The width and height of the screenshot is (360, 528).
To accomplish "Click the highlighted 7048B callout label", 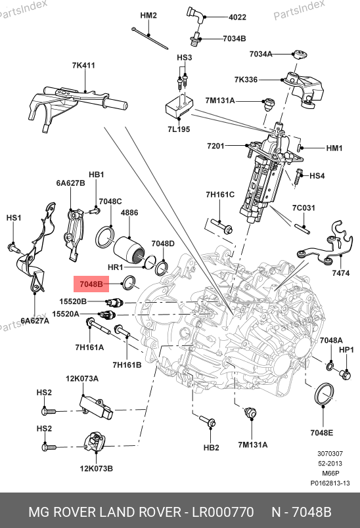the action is pos(91,284).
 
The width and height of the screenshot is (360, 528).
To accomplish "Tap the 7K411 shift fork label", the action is pos(83,65).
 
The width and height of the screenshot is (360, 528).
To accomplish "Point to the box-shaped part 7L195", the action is pos(179,107).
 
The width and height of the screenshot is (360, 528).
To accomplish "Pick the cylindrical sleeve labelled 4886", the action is pos(129,251).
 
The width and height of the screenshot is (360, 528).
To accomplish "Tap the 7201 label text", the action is pos(215,146).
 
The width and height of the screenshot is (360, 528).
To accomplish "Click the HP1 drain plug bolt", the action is pos(345,374).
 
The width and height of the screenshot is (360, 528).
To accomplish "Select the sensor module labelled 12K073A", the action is pos(96,407).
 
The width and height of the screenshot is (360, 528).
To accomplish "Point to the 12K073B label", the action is pos(97,468).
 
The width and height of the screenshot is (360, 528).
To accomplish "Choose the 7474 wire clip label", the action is pos(341,273).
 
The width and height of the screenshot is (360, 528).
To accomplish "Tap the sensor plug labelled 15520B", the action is pos(115,302).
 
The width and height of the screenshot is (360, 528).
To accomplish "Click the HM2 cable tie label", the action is pos(148,16).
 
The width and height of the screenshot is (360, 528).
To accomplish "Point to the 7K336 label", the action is pos(246,79).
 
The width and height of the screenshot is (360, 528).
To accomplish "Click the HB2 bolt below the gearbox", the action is pos(208,422).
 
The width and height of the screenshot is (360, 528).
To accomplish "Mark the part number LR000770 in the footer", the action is pos(223,512).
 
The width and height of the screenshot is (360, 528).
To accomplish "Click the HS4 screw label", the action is pos(317,175).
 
